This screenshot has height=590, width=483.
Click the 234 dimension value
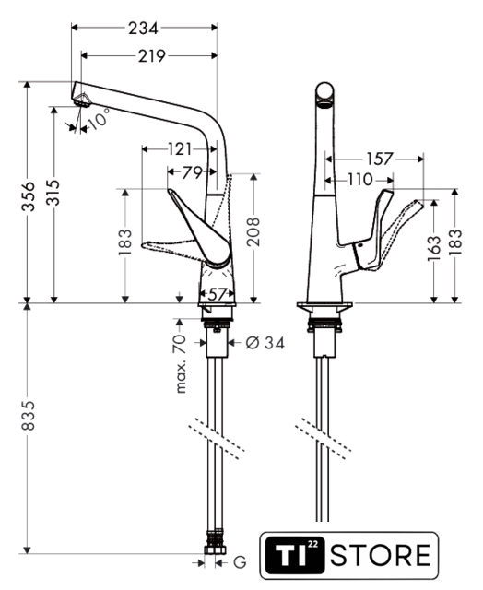click(143, 28)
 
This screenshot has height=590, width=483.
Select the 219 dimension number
click(151, 56)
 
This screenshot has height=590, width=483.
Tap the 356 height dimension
click(29, 196)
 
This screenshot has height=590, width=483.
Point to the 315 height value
click(53, 193)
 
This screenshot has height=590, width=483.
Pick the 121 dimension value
click(180, 149)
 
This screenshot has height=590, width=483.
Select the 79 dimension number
click(193, 172)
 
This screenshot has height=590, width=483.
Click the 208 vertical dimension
click(253, 231)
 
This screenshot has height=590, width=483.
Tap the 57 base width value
click(217, 294)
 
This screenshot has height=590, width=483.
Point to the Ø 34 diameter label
click(265, 343)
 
